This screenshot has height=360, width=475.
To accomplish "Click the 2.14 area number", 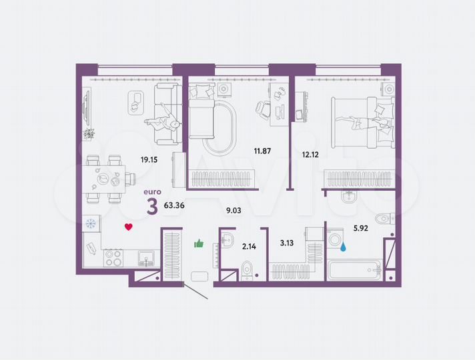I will tap(248, 247).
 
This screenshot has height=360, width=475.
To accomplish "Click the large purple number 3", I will tap(152, 207).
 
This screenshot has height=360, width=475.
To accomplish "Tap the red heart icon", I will tap(129, 227).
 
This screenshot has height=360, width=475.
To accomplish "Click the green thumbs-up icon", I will tap(199, 243).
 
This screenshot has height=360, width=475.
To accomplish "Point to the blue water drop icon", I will tap(343, 247).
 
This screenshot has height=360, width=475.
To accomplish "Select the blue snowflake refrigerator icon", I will tap(91, 224).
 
